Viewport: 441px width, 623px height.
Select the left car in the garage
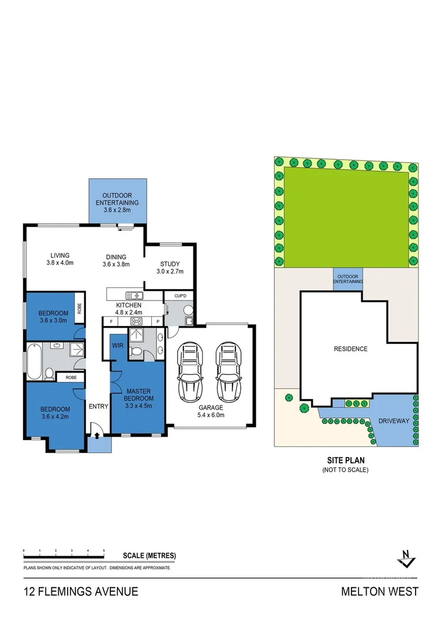[190, 372]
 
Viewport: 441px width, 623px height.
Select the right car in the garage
[226, 372]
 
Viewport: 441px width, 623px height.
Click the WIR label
[118, 346]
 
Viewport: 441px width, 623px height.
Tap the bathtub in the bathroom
[33, 362]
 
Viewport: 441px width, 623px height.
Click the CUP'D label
[180, 296]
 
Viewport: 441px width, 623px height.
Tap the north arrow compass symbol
[408, 558]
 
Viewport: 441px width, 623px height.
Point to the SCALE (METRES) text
[149, 556]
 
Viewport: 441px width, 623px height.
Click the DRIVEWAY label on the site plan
[394, 421]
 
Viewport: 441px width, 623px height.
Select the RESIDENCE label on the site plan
[350, 349]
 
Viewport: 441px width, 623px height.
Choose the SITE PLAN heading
[345, 461]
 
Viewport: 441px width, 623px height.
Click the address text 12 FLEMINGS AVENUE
[81, 591]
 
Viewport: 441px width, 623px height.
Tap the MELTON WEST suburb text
[379, 591]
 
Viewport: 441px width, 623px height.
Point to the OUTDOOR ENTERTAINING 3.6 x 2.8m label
[117, 202]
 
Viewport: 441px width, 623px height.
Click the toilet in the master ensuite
[137, 351]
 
